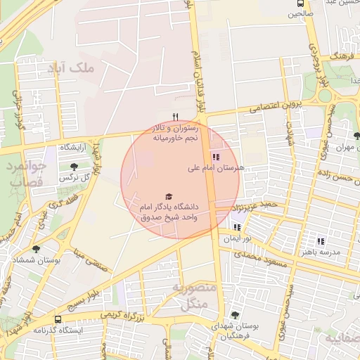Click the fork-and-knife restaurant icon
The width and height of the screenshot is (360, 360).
[x=176, y=117]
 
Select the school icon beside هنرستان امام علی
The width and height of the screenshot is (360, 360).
[x=215, y=157]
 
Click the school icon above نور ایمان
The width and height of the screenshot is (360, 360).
[x=237, y=227]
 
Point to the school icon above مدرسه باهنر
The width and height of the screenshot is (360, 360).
[x=321, y=240]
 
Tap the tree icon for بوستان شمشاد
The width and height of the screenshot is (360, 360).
[x=36, y=249]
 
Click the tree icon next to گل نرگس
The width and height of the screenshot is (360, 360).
[x=75, y=167]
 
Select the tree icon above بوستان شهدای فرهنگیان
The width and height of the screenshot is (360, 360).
[x=234, y=315]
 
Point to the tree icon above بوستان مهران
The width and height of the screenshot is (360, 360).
[x=356, y=136]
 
